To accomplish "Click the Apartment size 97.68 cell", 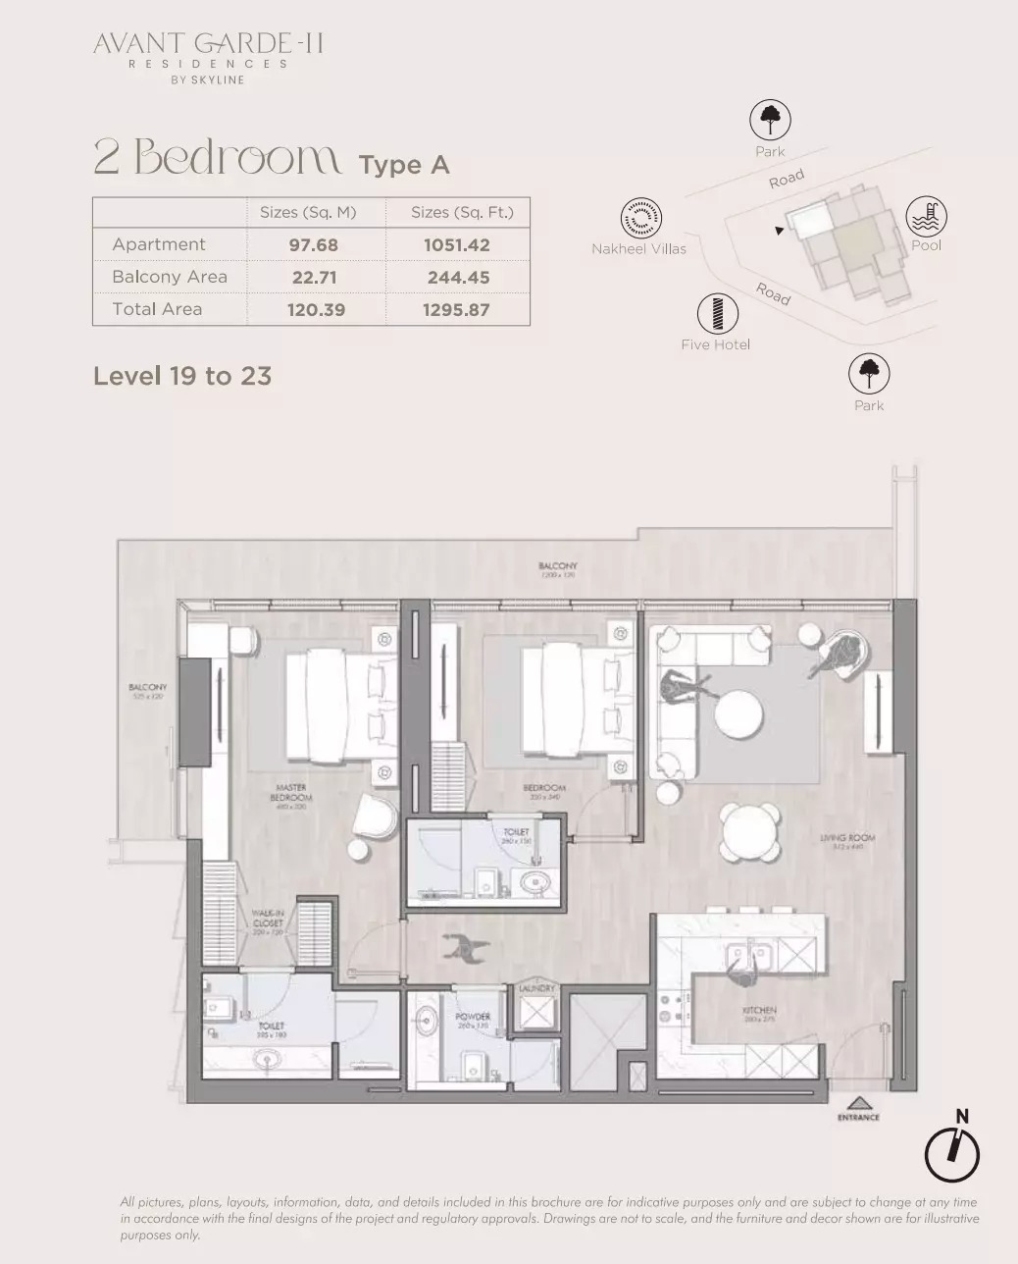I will click(x=312, y=245).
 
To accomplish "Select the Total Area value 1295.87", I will click(x=456, y=310).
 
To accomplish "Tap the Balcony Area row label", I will click(x=170, y=277).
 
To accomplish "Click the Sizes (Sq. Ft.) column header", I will click(x=462, y=212).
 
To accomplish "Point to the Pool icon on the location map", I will click(x=926, y=216).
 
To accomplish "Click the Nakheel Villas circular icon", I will click(x=640, y=218).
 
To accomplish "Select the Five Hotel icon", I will click(x=717, y=314).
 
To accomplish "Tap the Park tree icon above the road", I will click(x=770, y=121).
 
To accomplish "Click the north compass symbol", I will click(x=952, y=1152).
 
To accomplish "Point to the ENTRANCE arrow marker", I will click(x=858, y=1103).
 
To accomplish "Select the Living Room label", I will click(x=847, y=841).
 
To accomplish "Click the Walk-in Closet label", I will click(x=267, y=922).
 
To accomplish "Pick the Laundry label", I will click(x=536, y=989).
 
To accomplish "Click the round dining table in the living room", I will click(x=751, y=833).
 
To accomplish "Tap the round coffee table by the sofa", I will click(x=738, y=713).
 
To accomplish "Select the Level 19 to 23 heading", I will click(x=182, y=376).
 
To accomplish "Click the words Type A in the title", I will click(x=404, y=165).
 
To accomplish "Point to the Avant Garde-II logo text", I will click(x=208, y=44).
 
